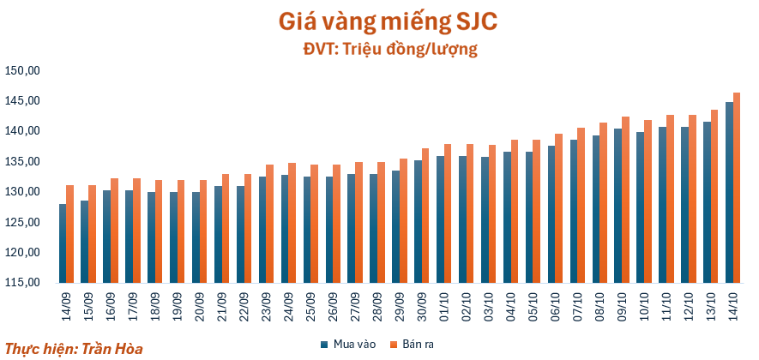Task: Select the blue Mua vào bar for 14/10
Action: pos(730,193)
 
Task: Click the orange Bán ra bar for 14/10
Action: pos(738,189)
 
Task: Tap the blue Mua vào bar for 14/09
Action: pos(63,243)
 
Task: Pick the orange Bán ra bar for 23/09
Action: pos(269,224)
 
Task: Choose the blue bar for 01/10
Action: pos(441,219)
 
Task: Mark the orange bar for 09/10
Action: pos(626,200)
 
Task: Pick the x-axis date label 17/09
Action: pos(133,304)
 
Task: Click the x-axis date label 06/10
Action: pos(555,304)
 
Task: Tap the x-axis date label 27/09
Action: pos(355,304)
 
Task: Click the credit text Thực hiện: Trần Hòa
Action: pos(74,350)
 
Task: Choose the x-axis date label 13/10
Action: pos(711,304)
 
